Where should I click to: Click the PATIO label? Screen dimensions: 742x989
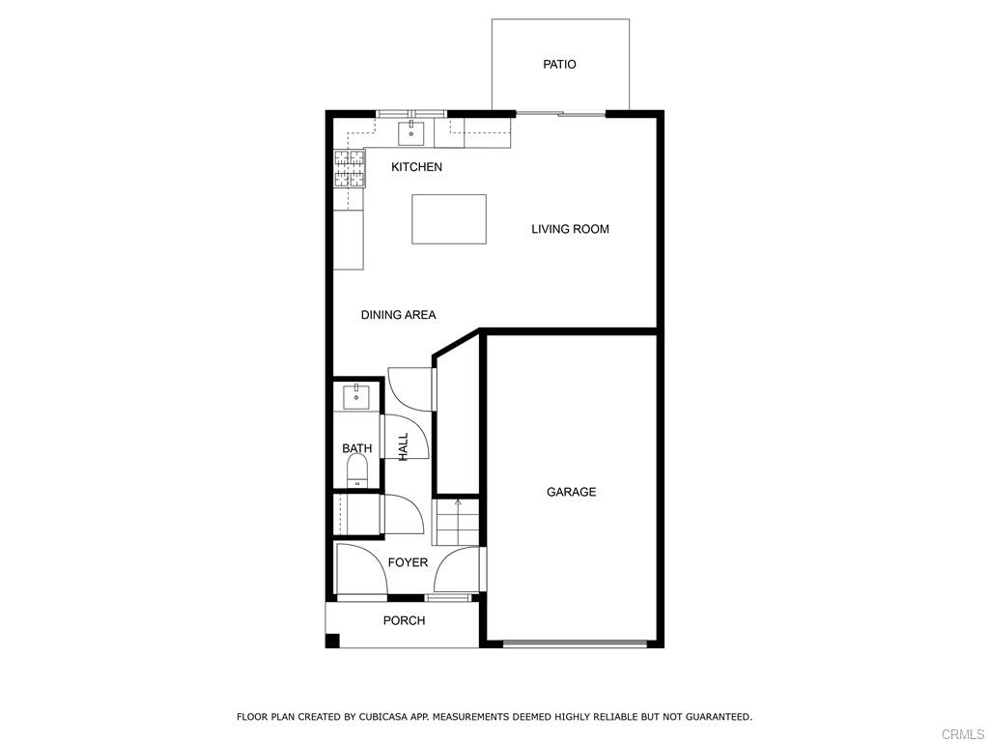(559, 65)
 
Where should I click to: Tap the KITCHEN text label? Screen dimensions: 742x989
(416, 167)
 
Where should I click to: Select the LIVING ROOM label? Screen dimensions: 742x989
(570, 229)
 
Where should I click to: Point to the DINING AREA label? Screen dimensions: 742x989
(398, 315)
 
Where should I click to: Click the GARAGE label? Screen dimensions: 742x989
(571, 492)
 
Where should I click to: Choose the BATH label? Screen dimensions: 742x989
(356, 448)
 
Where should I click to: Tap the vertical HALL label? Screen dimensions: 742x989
(404, 445)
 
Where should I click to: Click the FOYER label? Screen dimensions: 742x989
(408, 562)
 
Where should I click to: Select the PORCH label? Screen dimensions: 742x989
(404, 620)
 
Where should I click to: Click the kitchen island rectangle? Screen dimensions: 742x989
(449, 219)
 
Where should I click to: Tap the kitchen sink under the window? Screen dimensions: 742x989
(411, 132)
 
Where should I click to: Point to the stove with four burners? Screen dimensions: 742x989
(351, 168)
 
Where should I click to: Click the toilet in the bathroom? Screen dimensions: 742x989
(357, 471)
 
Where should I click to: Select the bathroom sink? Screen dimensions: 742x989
(356, 396)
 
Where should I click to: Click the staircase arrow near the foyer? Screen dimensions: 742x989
(458, 502)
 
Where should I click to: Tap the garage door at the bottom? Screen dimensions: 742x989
(575, 642)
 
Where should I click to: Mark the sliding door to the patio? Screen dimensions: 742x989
(560, 114)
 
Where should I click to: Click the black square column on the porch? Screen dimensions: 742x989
(332, 640)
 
